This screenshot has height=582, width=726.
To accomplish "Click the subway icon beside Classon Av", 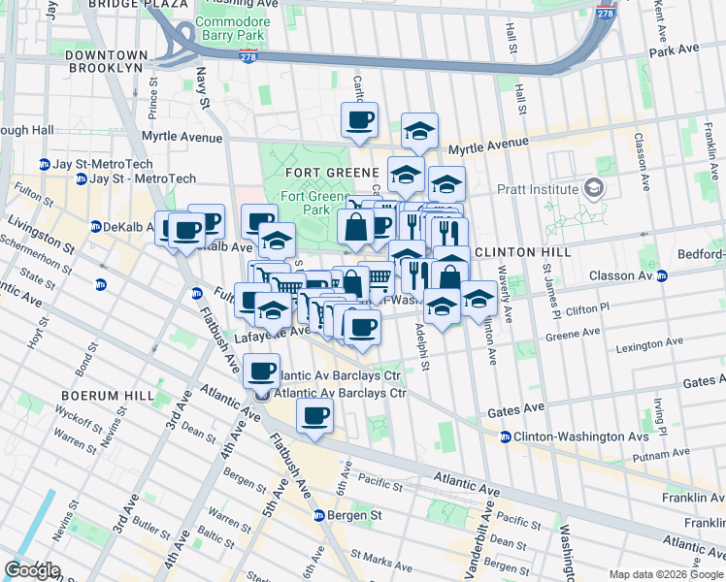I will [x=662, y=276].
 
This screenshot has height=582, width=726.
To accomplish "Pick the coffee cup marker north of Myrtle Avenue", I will [x=359, y=121].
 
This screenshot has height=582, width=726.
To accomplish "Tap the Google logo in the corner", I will [x=32, y=570].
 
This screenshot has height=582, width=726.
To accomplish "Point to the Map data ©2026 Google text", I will [x=666, y=574].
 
